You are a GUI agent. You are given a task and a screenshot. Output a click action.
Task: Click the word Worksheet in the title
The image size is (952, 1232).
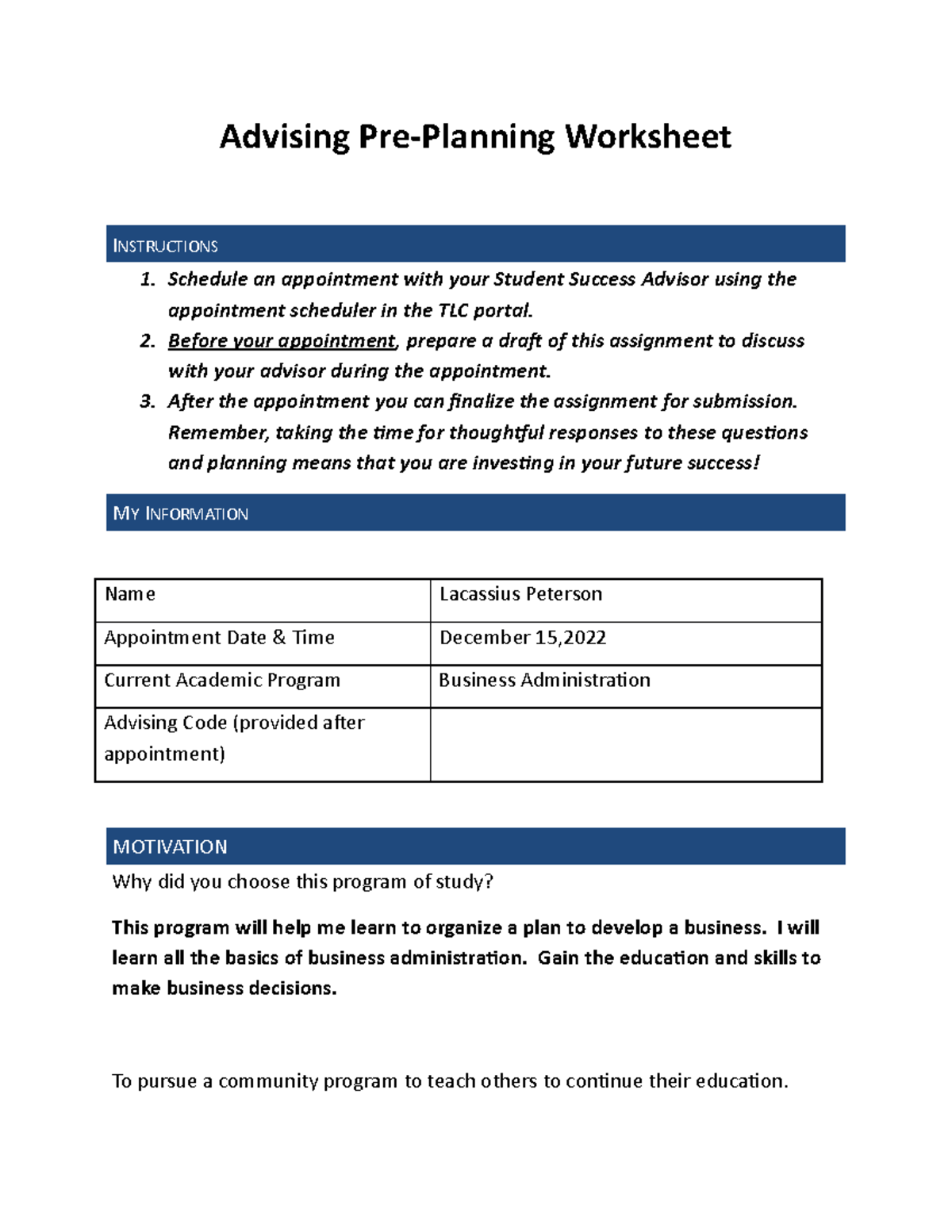point(647,137)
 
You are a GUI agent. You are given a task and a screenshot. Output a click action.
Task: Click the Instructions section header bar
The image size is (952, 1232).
point(475,244)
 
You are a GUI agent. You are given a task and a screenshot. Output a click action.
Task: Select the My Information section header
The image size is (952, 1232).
point(475,513)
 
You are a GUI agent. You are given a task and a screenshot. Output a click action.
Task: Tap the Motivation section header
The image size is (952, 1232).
point(475,846)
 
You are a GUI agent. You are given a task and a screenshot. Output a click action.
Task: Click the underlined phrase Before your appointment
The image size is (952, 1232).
point(281,341)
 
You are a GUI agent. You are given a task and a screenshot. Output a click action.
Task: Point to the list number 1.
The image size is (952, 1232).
point(147,279)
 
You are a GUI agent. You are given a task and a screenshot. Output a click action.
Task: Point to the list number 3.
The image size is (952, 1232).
point(147,401)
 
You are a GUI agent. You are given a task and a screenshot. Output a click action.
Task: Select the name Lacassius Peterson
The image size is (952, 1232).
point(520,594)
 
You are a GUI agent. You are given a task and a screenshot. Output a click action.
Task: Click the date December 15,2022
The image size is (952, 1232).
point(522,638)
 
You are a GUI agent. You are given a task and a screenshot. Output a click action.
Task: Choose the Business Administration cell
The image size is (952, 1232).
point(544,681)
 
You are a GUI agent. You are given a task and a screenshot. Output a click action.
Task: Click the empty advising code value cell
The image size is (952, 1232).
point(625,744)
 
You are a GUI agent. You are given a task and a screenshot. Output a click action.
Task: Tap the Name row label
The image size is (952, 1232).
point(130,594)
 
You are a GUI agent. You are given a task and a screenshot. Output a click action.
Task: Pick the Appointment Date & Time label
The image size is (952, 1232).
point(219,638)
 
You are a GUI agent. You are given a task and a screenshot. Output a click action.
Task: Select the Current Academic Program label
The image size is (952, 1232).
point(222,681)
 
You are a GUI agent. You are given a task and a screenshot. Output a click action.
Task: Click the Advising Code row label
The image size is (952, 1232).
point(234,738)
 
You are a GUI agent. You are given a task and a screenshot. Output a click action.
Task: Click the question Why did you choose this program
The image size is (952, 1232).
point(302,882)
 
